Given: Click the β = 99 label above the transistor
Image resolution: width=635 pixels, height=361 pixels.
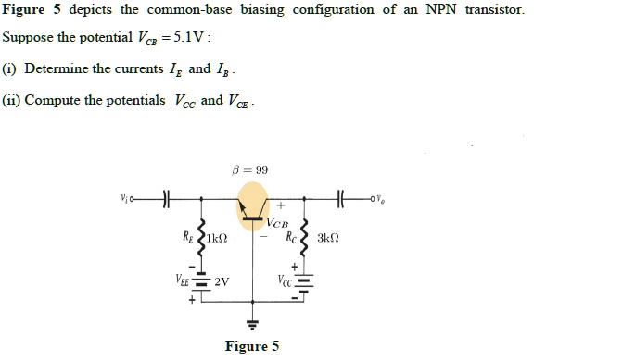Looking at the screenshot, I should (252, 170).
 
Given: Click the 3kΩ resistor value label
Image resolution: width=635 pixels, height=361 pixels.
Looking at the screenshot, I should (328, 238).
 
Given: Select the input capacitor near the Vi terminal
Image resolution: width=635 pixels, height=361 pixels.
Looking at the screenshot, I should (166, 198).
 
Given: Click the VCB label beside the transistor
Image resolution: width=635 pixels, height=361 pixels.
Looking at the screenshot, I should (278, 224).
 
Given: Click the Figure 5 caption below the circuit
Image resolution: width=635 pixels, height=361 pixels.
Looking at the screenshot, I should (252, 346).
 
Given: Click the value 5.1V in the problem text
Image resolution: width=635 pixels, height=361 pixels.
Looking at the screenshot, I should (191, 39).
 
